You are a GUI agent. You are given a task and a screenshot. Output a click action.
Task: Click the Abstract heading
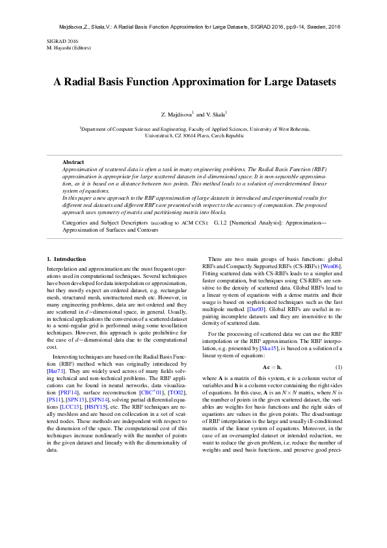pos(73,161)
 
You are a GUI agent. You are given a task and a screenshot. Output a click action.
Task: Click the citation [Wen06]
pos(331,266)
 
